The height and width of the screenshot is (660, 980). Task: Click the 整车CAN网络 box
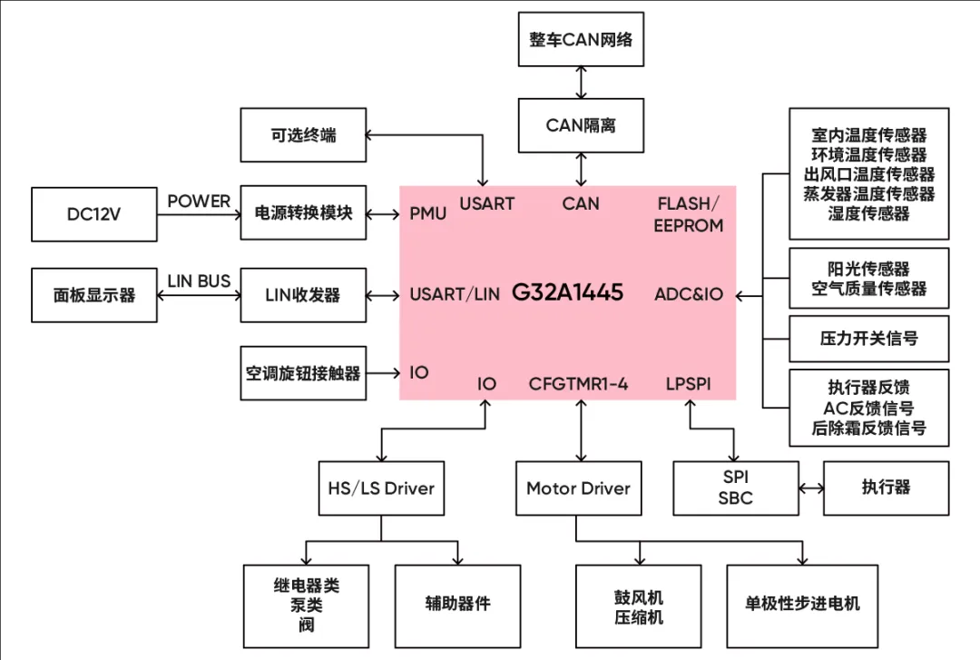581,39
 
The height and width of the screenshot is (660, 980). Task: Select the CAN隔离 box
581,125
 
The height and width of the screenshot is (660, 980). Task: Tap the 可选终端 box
303,135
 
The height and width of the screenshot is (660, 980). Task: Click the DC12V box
94,214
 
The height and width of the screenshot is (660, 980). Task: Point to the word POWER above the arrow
199,202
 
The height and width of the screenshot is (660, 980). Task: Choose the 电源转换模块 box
303,214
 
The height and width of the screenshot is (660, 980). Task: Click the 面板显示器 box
94,294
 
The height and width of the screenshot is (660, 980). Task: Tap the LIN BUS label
199,281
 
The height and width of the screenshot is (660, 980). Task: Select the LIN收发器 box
303,294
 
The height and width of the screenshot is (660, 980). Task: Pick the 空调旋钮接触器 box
303,372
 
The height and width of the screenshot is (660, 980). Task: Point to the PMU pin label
428,214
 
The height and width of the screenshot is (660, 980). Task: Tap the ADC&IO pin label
689,294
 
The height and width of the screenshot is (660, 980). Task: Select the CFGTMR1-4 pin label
579,384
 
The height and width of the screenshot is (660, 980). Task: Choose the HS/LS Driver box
381,488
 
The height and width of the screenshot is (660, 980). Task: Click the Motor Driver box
578,488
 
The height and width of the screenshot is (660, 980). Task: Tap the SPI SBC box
735,488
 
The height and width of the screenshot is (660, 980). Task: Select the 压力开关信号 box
868,339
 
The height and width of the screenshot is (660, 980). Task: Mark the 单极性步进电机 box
802,604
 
